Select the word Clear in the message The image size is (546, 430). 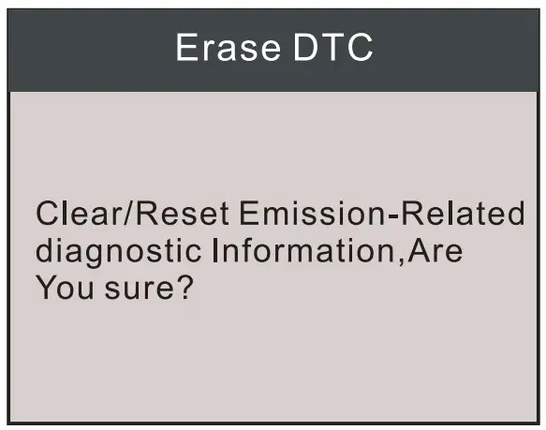71,214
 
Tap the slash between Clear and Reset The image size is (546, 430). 119,214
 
